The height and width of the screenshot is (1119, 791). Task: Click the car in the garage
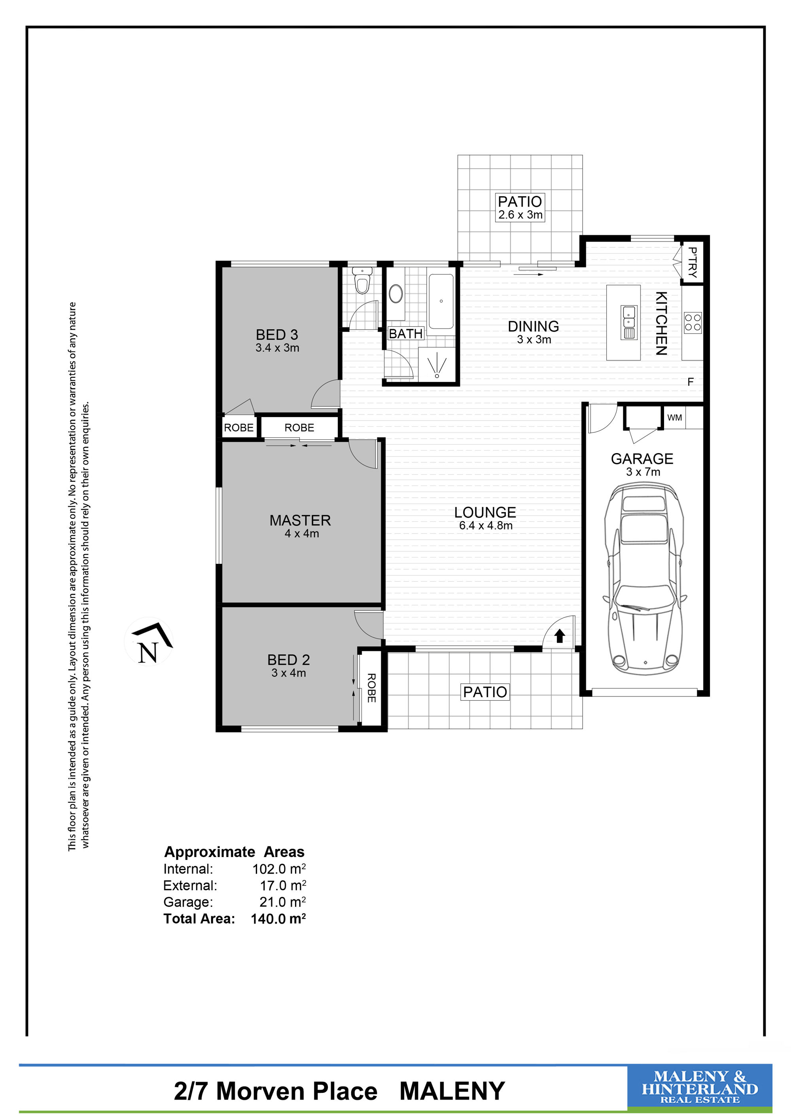click(644, 579)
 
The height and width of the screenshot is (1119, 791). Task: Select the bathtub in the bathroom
click(441, 301)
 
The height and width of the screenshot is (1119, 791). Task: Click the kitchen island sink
click(629, 322)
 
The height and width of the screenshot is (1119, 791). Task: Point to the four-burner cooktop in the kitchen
click(693, 322)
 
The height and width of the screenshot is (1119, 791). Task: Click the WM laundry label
click(675, 418)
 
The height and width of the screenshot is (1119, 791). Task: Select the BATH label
click(406, 334)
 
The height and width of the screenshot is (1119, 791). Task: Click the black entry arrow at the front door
click(560, 635)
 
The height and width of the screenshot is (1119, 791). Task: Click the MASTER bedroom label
click(300, 520)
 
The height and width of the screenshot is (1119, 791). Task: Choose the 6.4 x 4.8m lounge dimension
click(486, 526)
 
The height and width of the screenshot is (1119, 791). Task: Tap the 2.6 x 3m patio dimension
click(520, 215)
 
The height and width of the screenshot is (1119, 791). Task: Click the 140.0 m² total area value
click(278, 919)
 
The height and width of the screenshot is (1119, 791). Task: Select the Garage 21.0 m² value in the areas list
click(282, 902)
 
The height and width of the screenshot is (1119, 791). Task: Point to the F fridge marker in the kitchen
click(690, 382)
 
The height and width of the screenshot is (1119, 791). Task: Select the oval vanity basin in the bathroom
click(395, 294)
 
